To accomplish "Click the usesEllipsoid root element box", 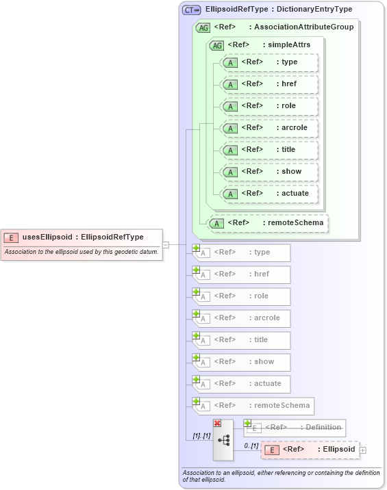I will click(82, 237).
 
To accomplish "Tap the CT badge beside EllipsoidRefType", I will click(192, 10).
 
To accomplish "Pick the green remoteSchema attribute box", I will click(268, 223).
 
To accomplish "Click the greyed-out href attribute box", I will click(242, 274).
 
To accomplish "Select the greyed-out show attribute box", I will click(242, 362).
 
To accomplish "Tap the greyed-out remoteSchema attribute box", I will click(253, 406).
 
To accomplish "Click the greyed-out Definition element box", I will click(295, 428).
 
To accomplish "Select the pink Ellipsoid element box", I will click(310, 450).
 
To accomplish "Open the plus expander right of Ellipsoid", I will click(363, 450).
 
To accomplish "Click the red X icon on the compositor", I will click(218, 424).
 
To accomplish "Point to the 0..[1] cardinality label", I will click(251, 446).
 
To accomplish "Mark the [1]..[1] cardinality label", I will click(201, 436).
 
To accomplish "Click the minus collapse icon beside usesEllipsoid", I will click(166, 244).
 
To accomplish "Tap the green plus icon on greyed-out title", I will click(196, 335).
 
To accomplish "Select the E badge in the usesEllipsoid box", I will click(11, 237).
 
